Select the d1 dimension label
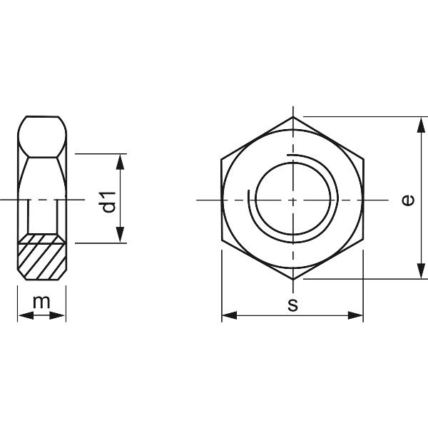point(108,201)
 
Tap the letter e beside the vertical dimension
point(407,200)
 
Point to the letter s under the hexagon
point(292,305)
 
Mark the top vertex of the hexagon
point(292,115)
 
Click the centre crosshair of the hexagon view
point(292,200)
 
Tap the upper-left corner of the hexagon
point(222,158)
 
